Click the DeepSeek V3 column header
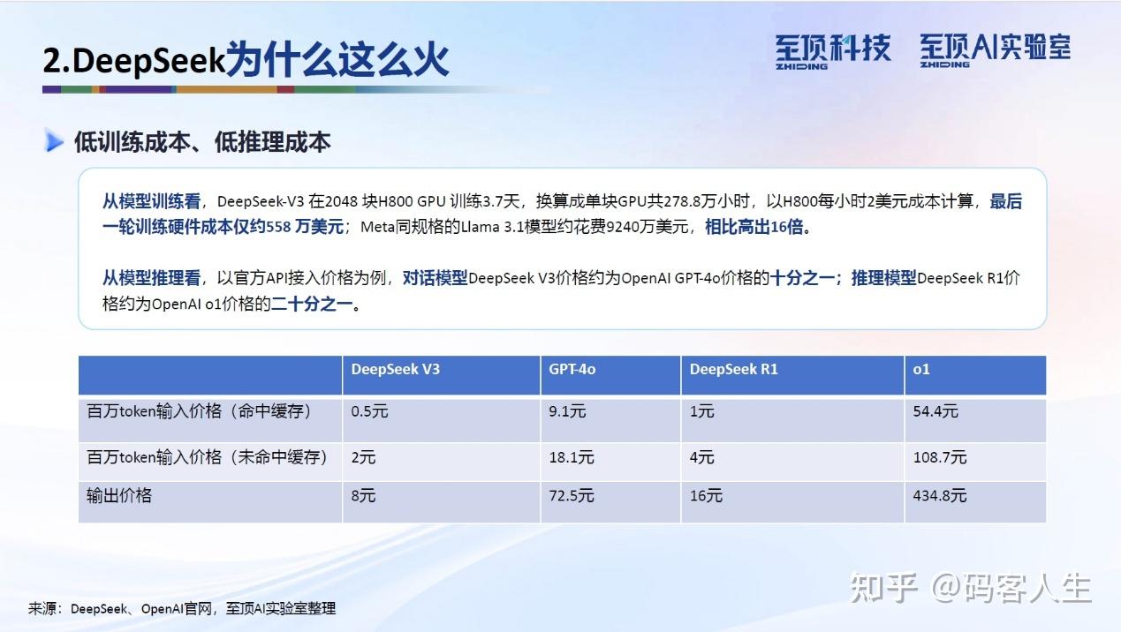click(x=395, y=369)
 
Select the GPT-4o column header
click(x=572, y=369)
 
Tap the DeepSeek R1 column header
click(x=734, y=369)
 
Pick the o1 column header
click(x=921, y=369)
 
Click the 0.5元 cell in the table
click(x=369, y=411)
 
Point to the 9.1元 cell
click(x=567, y=411)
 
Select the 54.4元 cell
click(x=935, y=411)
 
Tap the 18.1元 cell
click(x=572, y=457)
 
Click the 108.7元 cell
click(x=940, y=457)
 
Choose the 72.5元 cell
click(x=572, y=496)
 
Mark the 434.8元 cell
click(x=940, y=496)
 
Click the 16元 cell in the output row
click(x=706, y=496)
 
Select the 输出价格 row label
click(x=119, y=496)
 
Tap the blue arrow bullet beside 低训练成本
click(x=55, y=141)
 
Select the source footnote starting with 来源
click(x=182, y=608)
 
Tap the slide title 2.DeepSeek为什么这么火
click(x=246, y=60)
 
